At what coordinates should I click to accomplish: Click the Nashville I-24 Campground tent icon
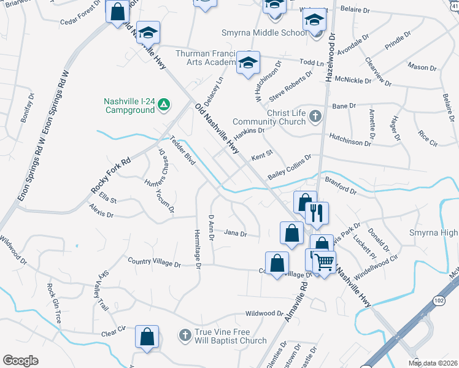coord(164,105)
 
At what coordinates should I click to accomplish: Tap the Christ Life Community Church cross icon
coord(315,116)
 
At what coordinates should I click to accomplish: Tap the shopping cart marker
coord(324,263)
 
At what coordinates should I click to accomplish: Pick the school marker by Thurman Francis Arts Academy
coord(249,63)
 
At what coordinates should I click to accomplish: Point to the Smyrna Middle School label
coord(265,33)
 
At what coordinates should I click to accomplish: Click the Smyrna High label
coord(433,233)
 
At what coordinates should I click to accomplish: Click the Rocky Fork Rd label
coord(110,176)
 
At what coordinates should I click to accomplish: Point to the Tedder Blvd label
coord(182,150)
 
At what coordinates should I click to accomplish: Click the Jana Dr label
coord(235,234)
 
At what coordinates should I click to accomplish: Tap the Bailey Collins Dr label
coord(289,167)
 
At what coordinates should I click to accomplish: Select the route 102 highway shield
coord(438,301)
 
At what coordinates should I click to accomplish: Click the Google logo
coord(20,361)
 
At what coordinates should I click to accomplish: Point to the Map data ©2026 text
coord(433,363)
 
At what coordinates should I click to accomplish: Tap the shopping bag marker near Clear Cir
coord(147,337)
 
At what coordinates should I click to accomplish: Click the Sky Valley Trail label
coord(102,291)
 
